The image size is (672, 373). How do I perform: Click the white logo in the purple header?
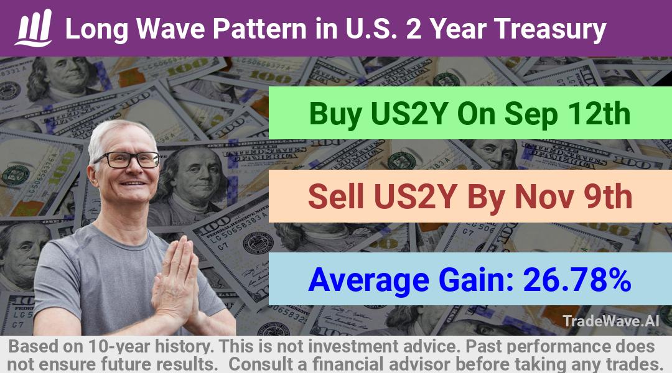click(34, 28)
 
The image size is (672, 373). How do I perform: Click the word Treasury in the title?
click(550, 29)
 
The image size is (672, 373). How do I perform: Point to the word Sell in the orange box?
click(336, 196)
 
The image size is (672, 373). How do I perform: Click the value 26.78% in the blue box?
click(577, 280)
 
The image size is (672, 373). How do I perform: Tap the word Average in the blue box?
click(368, 280)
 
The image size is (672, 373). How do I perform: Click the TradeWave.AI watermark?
click(611, 321)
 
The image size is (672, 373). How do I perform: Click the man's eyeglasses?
click(128, 160)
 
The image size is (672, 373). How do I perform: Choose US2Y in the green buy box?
click(409, 114)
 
